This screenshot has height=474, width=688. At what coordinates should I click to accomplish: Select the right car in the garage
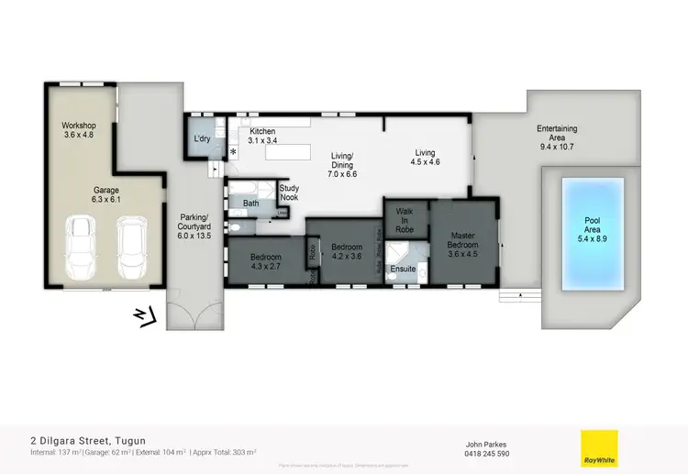131,249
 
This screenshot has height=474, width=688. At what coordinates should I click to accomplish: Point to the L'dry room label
203,139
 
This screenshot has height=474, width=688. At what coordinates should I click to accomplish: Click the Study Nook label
289,193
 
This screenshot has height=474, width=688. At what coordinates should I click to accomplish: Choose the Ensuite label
404,269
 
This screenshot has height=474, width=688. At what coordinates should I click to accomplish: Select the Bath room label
251,204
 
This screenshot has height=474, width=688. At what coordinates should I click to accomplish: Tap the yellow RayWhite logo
599,447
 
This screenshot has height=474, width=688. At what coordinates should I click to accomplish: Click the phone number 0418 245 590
488,454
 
